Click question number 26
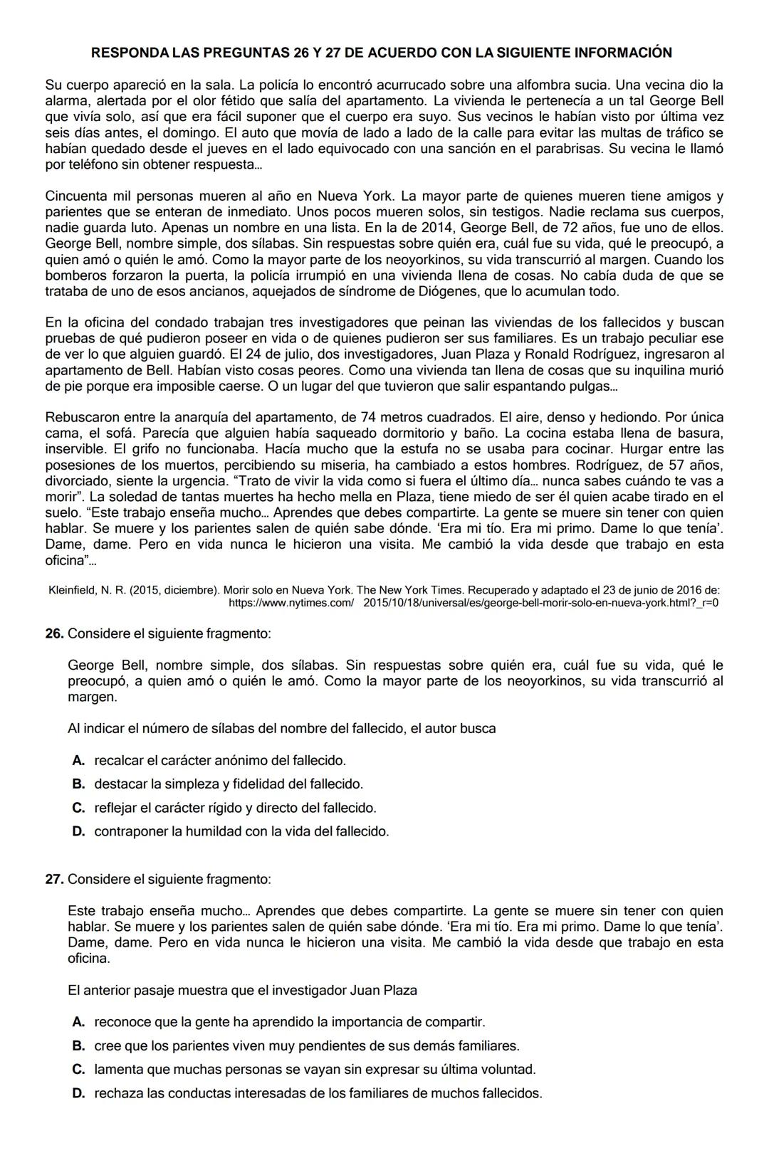tap(54, 633)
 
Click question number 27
tap(54, 879)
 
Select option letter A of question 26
tap(79, 760)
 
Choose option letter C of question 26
tap(79, 808)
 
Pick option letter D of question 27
tap(79, 1093)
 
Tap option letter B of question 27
tap(79, 1045)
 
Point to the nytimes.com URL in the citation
tap(474, 603)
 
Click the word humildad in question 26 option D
tap(213, 831)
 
